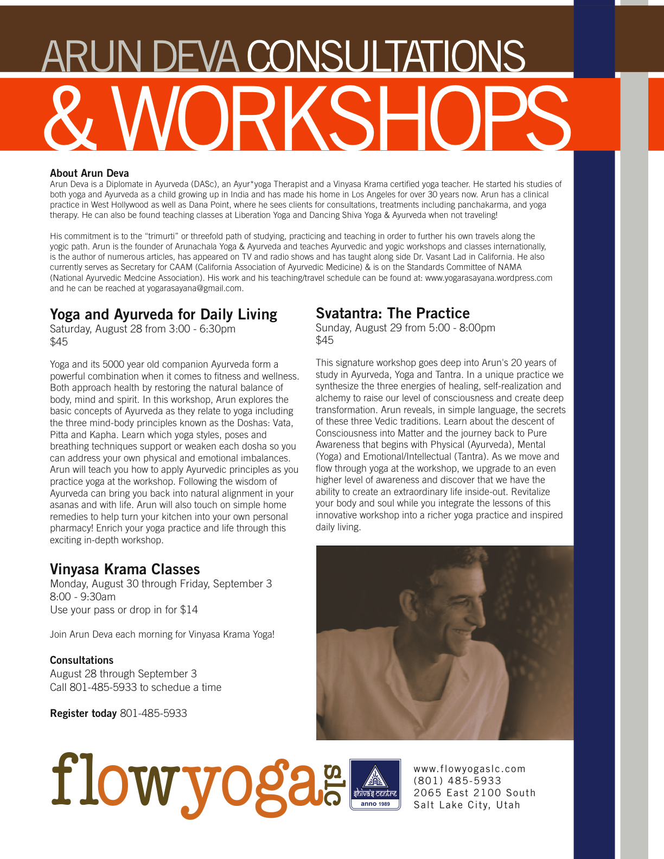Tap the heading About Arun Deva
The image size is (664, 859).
click(90, 174)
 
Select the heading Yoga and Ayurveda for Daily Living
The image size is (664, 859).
click(163, 315)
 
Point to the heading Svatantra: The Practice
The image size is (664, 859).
click(393, 313)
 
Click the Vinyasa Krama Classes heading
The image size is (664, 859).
click(125, 569)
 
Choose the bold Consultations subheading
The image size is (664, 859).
click(81, 661)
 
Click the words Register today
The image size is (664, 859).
click(83, 714)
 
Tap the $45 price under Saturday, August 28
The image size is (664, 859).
click(59, 342)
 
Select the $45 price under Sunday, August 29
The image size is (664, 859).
click(325, 341)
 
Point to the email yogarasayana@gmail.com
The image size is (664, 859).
click(194, 289)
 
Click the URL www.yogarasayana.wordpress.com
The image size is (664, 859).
click(488, 278)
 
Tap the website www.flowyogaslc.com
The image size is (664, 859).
click(470, 769)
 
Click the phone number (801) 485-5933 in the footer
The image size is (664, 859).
click(457, 781)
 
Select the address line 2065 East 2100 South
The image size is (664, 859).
click(475, 793)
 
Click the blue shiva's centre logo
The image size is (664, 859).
click(375, 785)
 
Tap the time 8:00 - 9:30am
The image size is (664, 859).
click(82, 597)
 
